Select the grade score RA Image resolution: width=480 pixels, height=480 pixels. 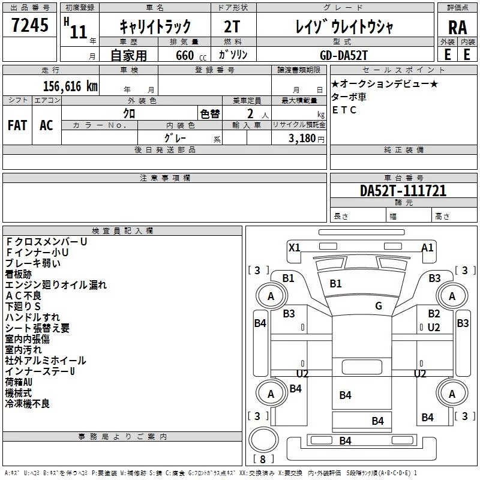click(457, 28)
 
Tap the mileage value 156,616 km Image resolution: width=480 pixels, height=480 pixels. click(70, 86)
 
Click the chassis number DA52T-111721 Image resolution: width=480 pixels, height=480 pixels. click(403, 191)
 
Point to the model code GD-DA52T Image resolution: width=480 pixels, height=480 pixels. click(343, 55)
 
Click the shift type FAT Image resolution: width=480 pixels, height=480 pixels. click(17, 125)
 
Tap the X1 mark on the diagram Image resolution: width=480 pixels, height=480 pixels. click(294, 247)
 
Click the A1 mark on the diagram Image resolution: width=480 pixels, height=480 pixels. click(427, 247)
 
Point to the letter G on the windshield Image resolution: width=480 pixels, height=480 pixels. click(379, 306)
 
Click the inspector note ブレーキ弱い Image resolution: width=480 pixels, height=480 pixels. click(32, 263)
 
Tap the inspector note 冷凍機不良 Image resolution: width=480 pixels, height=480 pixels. click(28, 404)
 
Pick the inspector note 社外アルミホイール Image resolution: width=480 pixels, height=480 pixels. click(46, 361)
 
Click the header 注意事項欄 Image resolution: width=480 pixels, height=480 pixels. click(165, 178)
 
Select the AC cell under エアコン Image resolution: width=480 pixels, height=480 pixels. click(46, 125)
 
